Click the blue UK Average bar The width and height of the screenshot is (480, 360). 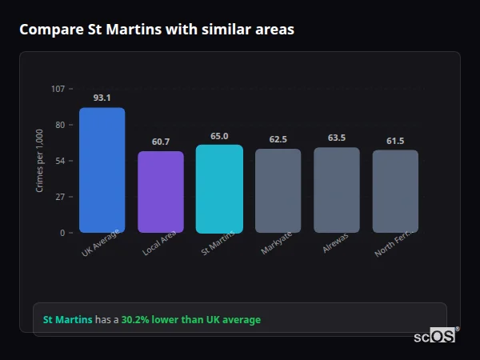pos(102,170)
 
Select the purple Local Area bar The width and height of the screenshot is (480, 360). pos(161,192)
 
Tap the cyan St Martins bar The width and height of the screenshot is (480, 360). pos(219,189)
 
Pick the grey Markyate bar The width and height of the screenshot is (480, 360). pos(278,190)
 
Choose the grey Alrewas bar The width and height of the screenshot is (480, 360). pos(336,190)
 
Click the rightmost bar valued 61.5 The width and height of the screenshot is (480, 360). pos(395,191)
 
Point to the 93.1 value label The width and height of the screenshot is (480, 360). pos(102,98)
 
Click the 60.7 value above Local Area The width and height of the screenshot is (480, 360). pos(161,142)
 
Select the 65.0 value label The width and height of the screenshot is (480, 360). pos(219,136)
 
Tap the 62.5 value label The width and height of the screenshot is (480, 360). pos(278,139)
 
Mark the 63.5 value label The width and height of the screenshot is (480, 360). pos(336,138)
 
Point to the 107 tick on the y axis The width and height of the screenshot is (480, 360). pos(58,89)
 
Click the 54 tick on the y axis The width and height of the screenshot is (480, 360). pos(60,161)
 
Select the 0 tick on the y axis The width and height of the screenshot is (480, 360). pos(62,233)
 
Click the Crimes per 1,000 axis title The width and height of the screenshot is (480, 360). pos(40,161)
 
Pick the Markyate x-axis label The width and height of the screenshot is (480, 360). pos(276,246)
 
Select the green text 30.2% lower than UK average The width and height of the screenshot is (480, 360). pos(190,320)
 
